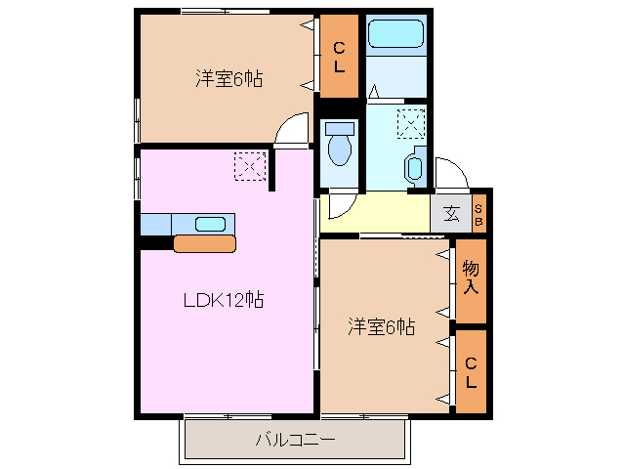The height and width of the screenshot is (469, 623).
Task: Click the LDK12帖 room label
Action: click(224, 301)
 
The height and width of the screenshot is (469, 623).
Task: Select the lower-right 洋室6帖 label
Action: click(382, 326)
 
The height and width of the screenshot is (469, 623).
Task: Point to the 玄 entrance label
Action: click(451, 214)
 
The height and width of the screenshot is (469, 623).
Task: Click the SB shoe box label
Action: click(478, 215)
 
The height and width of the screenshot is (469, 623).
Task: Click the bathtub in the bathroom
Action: click(395, 34)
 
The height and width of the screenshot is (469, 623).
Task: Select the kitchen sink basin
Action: click(211, 223)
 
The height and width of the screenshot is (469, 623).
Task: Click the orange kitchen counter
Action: click(204, 242)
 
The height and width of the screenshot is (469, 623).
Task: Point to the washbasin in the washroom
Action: click(415, 167)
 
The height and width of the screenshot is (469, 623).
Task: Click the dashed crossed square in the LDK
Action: click(250, 166)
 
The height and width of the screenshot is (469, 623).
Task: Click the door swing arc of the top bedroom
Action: click(291, 130)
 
